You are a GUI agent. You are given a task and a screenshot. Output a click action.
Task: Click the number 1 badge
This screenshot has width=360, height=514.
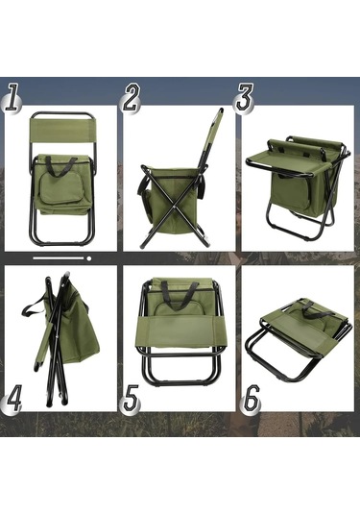point(12,98)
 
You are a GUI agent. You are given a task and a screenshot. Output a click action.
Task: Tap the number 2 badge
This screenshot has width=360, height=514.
point(131,98)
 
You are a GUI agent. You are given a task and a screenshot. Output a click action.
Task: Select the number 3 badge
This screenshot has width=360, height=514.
point(244,98)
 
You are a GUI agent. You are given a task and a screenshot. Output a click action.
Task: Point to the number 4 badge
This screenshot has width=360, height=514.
point(12,398)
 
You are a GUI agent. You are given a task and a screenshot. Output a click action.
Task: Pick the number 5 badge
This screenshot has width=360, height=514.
point(131,398)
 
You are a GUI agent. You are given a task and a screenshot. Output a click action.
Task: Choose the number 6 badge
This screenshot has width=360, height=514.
point(252,398)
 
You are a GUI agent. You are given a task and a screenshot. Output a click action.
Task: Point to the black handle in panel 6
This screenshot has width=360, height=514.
point(317,309)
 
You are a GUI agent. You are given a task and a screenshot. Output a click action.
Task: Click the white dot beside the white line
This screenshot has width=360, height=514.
point(88,258)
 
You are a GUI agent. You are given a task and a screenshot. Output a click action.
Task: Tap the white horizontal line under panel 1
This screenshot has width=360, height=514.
point(59,258)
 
